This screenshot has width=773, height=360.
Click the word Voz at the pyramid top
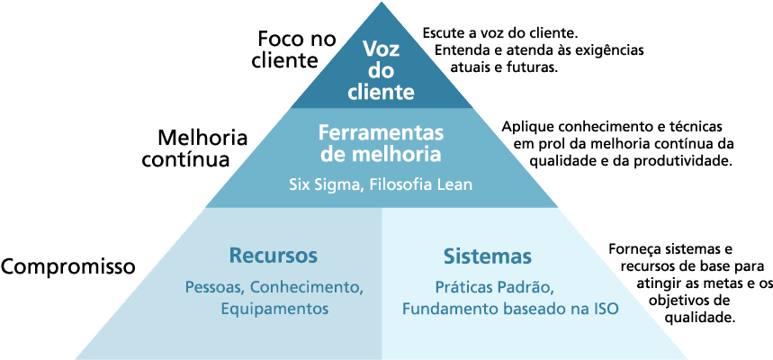[382, 50]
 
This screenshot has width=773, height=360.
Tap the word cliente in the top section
[382, 92]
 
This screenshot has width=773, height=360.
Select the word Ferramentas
[382, 132]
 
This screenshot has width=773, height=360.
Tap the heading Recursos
[274, 256]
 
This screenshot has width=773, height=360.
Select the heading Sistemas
[487, 256]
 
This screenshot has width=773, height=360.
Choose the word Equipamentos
[274, 308]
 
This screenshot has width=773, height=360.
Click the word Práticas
[463, 288]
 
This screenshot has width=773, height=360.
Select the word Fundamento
[446, 308]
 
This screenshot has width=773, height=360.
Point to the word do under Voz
[382, 71]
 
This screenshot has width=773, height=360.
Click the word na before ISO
[578, 308]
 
